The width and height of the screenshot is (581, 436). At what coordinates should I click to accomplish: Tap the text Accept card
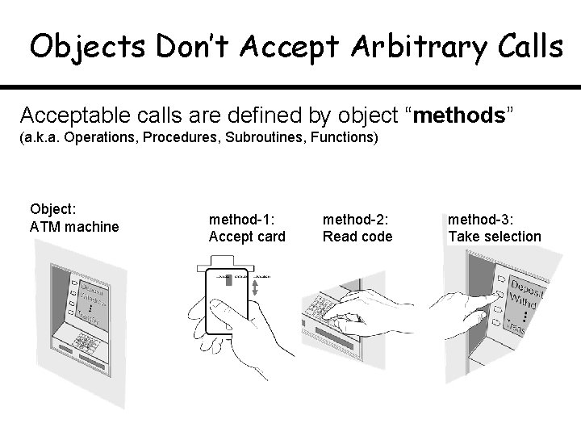coord(247,236)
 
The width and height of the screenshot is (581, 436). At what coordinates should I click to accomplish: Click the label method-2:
coord(356,219)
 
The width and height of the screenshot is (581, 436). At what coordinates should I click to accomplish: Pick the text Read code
coord(357,236)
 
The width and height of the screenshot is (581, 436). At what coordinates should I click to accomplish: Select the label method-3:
coord(481,219)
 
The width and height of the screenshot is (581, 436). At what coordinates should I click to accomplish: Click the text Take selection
coord(494,236)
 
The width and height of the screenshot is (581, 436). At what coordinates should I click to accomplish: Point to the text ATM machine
coord(73,227)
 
